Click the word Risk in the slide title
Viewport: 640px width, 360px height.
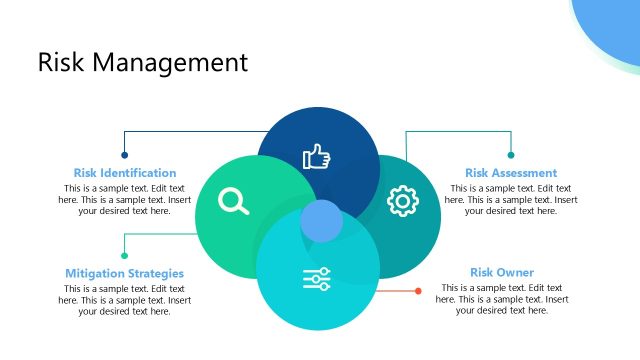[x=63, y=62]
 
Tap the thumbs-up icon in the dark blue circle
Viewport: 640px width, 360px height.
[x=317, y=156]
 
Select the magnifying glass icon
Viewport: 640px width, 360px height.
[x=233, y=201]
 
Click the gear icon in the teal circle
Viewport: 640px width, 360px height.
[x=402, y=200]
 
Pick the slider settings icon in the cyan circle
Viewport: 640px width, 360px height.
[x=317, y=279]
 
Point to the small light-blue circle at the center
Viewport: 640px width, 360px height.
[x=322, y=221]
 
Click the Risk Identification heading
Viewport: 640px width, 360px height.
[x=125, y=173]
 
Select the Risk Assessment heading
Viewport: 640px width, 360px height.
[x=511, y=173]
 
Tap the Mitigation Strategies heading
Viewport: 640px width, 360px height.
[x=125, y=273]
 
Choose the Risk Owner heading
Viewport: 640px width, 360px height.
[x=502, y=272]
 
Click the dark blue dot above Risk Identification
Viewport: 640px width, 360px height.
[x=125, y=155]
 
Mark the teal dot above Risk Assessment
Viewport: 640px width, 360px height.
[x=511, y=155]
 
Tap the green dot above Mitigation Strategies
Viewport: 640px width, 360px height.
[x=125, y=255]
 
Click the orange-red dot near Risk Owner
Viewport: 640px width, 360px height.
[x=418, y=291]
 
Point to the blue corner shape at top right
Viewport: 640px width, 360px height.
[x=611, y=25]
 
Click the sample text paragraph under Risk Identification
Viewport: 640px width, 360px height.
[x=125, y=200]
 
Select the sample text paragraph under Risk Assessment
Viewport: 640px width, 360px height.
[x=511, y=200]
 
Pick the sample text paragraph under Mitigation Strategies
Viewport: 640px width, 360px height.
[x=125, y=300]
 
